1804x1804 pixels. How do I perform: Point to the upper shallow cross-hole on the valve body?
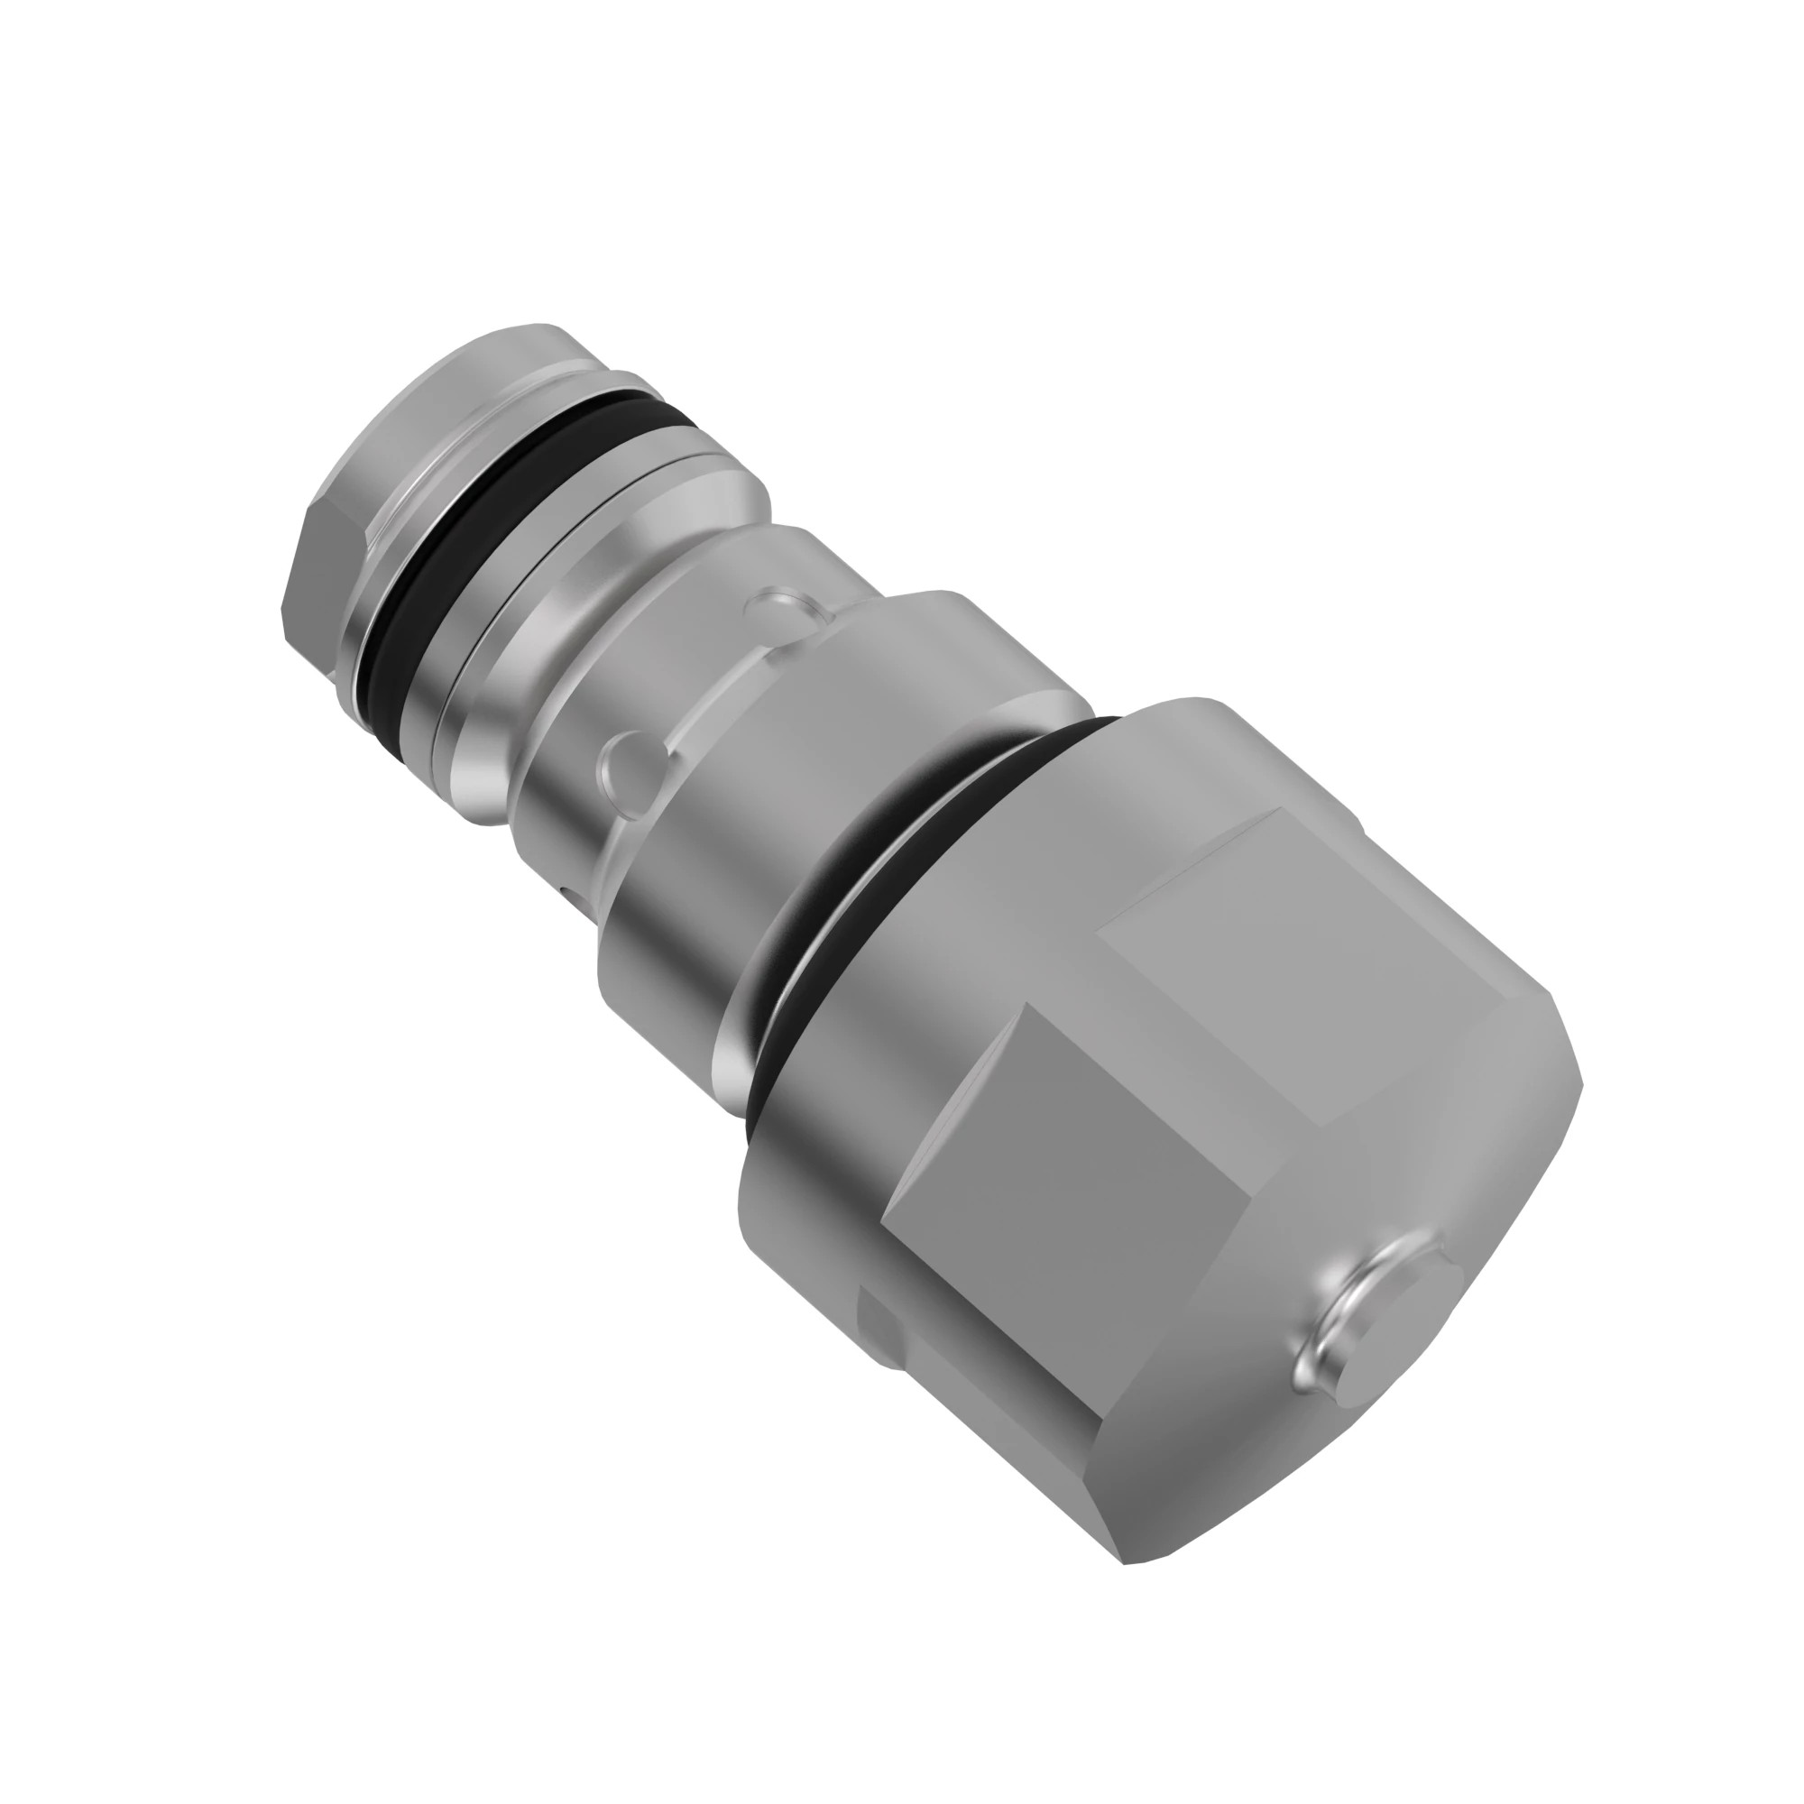coord(780,608)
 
